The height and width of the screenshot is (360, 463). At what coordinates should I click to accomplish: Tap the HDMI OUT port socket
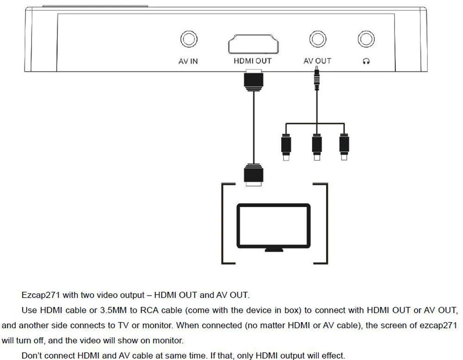253,44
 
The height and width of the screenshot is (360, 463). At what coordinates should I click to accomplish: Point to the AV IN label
188,61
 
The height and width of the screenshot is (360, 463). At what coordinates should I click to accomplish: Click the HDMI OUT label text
252,61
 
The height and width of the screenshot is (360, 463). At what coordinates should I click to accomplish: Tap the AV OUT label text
318,61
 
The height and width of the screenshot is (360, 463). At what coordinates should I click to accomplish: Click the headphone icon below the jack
366,61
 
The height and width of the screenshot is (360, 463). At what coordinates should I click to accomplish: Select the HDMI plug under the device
253,80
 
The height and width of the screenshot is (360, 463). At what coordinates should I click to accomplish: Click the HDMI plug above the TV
253,175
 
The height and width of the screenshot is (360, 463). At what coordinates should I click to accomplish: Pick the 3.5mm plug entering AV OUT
317,78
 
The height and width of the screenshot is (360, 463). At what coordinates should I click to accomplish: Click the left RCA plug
286,147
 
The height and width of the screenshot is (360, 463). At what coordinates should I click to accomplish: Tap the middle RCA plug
317,147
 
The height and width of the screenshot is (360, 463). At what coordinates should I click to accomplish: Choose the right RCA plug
344,147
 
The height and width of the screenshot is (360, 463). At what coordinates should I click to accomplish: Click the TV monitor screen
274,226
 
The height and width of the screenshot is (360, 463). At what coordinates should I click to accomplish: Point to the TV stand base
274,250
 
